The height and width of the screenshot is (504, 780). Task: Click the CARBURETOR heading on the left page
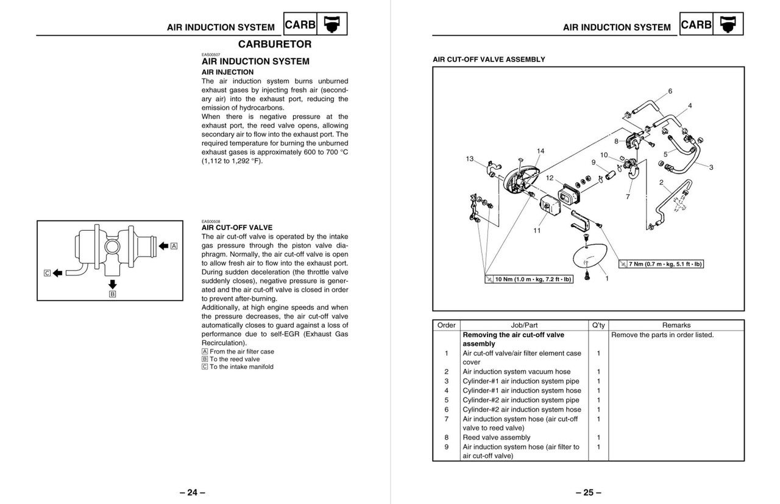coord(274,44)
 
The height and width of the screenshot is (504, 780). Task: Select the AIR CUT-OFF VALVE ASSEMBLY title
coord(489,60)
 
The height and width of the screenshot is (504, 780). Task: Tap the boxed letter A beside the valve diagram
coord(174,246)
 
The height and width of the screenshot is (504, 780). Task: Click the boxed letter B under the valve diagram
coord(112,295)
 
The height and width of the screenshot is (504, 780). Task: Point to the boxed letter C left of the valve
coord(47,273)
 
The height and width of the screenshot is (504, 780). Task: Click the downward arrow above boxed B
coord(112,284)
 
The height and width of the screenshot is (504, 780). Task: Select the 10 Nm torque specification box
coord(528,279)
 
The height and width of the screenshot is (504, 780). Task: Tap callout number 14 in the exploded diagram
coord(541,151)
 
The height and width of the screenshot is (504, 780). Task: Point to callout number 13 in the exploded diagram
coord(469,159)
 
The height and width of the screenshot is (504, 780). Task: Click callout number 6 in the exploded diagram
coord(670,91)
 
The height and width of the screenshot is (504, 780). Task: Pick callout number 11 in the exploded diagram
coord(537,231)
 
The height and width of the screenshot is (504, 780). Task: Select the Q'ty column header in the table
coord(598,325)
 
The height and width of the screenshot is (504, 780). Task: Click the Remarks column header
coord(676,325)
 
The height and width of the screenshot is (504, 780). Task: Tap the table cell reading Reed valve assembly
coord(496,437)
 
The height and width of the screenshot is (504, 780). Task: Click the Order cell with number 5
coord(446,400)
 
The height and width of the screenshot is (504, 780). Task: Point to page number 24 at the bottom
coord(193,492)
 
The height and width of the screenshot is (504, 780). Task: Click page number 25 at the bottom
coord(588,492)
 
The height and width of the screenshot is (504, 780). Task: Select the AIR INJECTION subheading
coord(227,72)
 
